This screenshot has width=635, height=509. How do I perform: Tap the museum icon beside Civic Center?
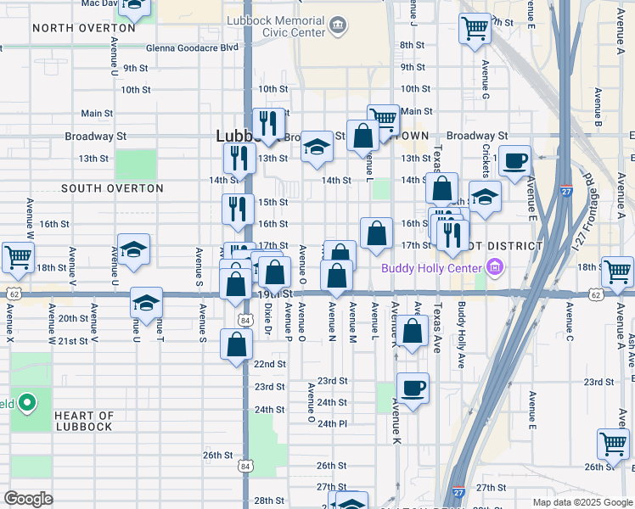(338, 25)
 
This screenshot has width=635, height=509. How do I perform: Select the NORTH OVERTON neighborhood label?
(83, 28)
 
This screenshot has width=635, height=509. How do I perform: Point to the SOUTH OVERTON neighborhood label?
(112, 188)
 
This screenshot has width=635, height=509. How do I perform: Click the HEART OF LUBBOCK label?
(83, 421)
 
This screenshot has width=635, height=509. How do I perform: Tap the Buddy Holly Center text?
(432, 269)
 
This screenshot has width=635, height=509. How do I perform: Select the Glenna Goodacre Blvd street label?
(192, 48)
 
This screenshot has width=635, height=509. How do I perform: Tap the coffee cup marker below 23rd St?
(413, 389)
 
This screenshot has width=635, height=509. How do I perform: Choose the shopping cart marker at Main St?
(383, 120)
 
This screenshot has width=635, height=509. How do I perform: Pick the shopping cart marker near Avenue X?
(17, 256)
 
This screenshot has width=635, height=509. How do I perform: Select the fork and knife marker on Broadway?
(269, 124)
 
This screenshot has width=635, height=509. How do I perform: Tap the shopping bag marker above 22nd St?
(236, 344)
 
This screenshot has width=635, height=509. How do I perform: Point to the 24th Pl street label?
(332, 422)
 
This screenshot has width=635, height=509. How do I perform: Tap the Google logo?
(28, 499)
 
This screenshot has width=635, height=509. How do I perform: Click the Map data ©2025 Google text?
(581, 502)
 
